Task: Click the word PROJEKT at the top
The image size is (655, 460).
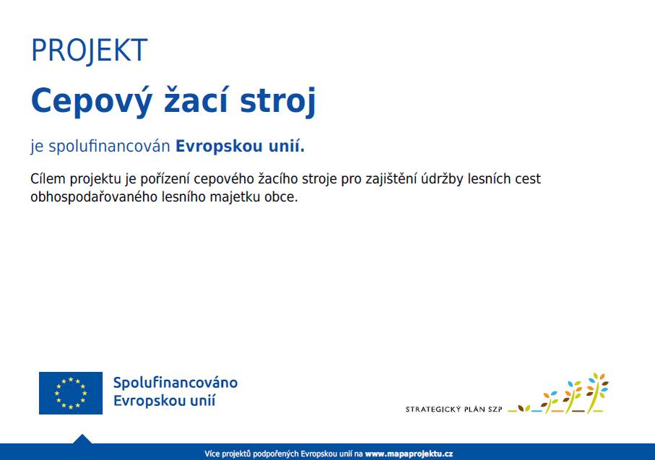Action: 89,51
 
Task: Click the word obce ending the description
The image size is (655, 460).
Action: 283,196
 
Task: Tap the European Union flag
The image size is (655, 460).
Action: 71,393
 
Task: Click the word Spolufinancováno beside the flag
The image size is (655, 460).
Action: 175,383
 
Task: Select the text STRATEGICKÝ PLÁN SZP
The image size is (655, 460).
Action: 454,409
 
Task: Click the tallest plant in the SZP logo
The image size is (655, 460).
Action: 597,392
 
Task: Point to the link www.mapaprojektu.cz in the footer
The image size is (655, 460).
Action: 409,454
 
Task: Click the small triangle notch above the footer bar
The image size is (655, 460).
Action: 82,439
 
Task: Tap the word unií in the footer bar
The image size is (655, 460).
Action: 345,454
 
